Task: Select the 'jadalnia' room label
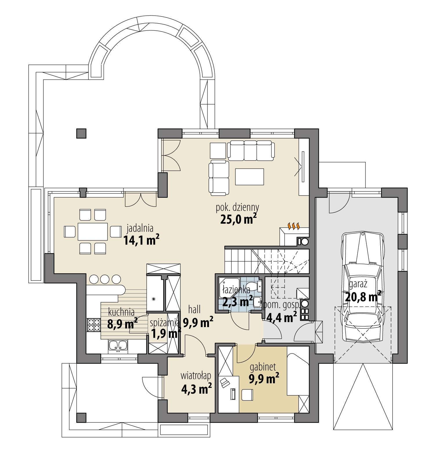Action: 140,228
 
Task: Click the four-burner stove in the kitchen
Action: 93,324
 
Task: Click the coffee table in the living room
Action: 250,177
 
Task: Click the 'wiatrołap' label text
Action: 196,375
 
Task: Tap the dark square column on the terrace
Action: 81,133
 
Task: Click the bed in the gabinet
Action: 297,371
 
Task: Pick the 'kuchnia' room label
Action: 121,312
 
